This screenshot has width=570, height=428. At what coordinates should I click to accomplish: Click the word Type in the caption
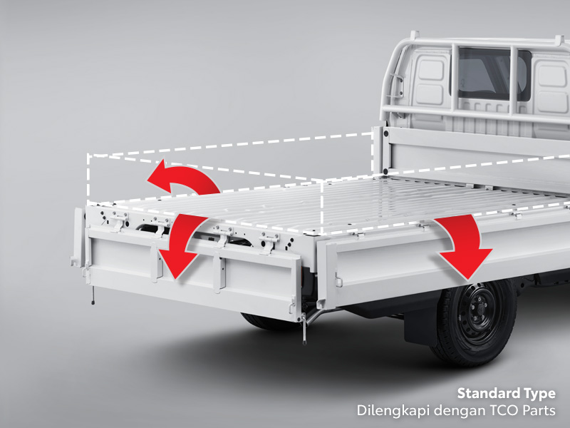[x=539, y=393]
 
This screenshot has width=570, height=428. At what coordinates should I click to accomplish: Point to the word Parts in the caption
[x=535, y=411]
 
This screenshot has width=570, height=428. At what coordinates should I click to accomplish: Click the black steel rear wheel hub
[x=476, y=315]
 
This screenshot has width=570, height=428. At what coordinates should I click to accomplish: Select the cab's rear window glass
[x=492, y=75]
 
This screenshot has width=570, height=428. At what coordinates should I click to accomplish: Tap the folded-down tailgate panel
[x=192, y=275]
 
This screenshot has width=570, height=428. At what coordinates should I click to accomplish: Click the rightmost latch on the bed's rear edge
[x=270, y=241]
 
